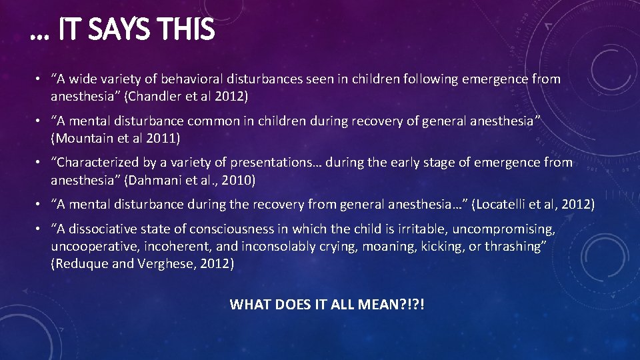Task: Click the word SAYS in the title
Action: (126, 30)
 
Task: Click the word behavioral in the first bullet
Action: (190, 79)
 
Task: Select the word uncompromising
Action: (505, 229)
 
